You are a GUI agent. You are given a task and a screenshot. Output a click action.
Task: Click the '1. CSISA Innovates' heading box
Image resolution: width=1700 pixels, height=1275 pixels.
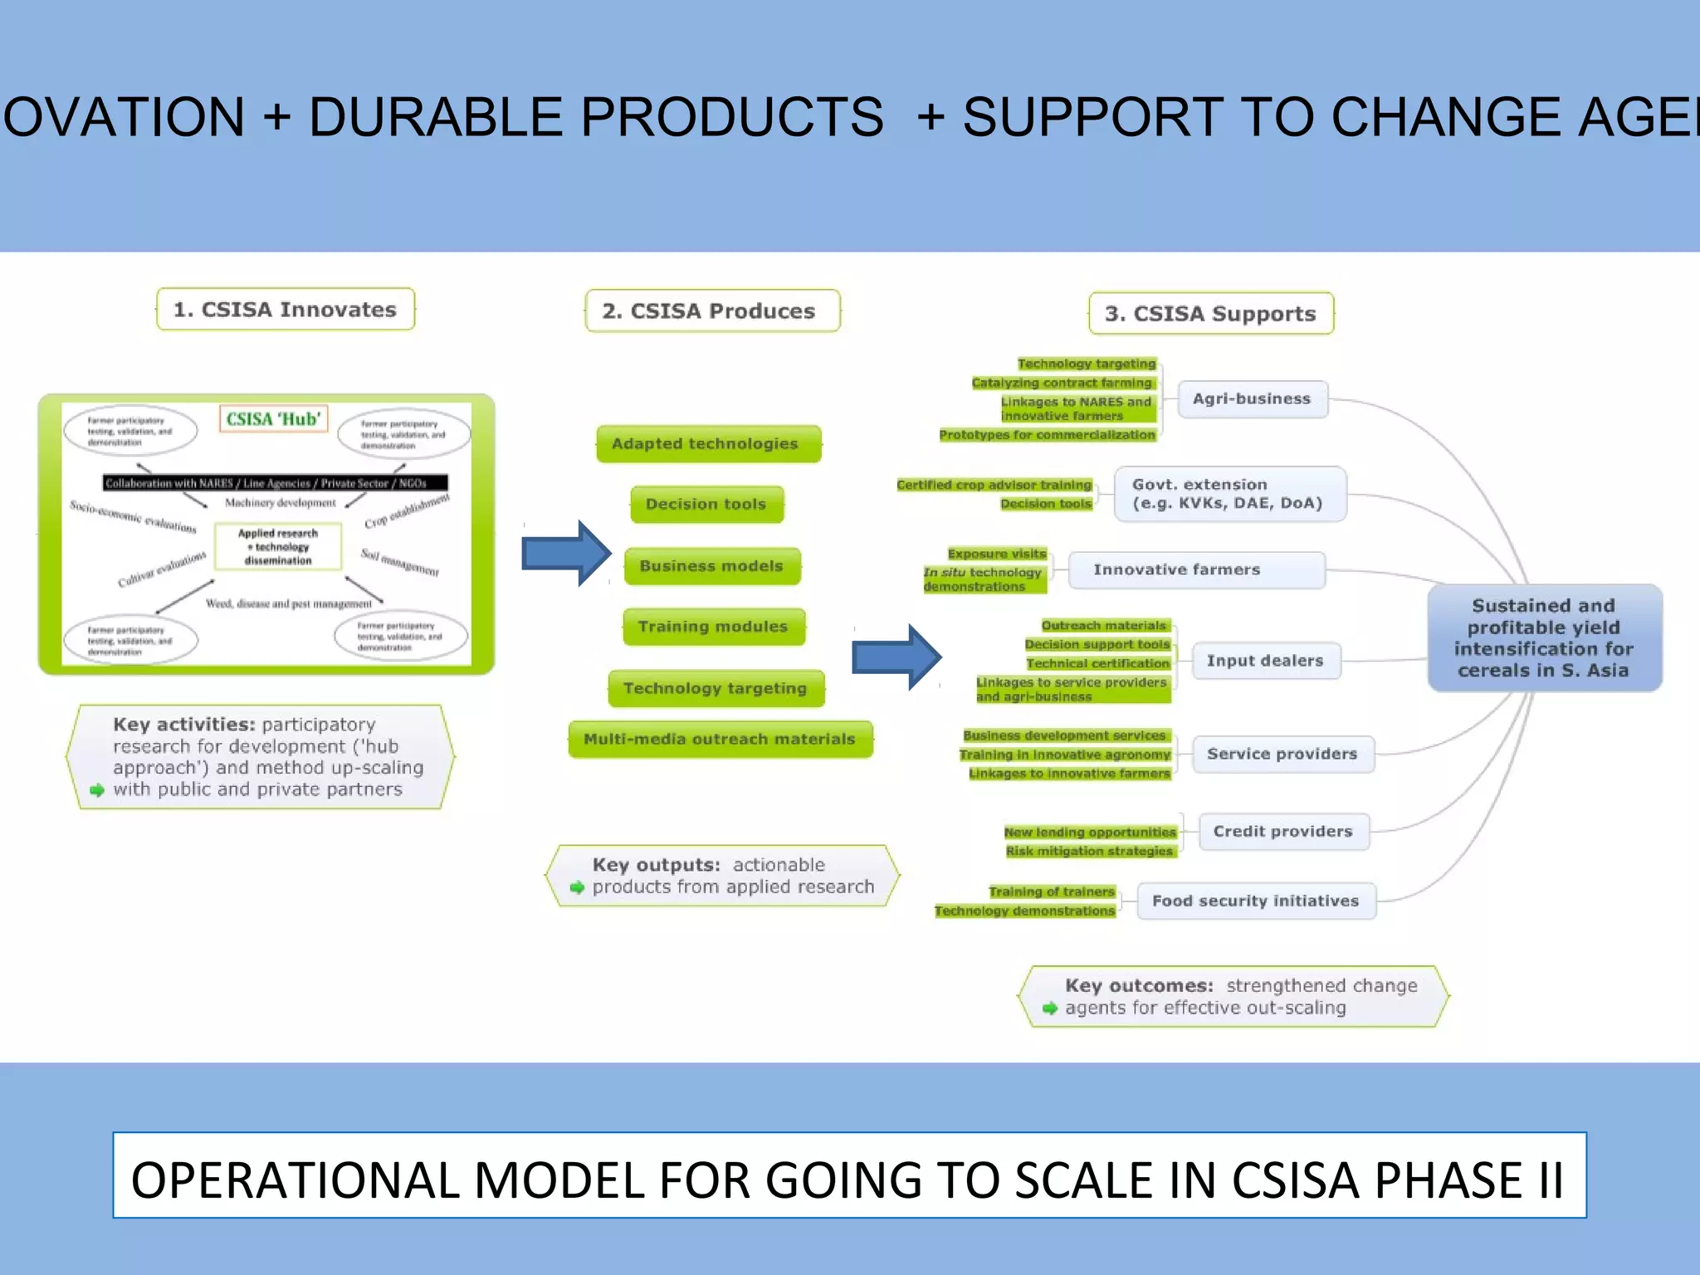[x=285, y=310]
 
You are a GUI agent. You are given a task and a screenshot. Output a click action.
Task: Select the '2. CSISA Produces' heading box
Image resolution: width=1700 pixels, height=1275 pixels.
[x=712, y=311]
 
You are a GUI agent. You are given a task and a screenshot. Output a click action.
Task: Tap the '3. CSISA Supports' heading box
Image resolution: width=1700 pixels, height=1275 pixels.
[x=1210, y=314]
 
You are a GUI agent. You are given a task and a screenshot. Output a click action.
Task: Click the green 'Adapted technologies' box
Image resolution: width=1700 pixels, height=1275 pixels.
[x=708, y=444]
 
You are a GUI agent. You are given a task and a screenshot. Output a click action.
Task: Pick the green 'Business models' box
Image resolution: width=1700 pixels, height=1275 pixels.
[x=712, y=566]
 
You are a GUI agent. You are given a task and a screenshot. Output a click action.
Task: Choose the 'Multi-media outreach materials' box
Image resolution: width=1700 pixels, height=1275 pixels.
[x=720, y=739]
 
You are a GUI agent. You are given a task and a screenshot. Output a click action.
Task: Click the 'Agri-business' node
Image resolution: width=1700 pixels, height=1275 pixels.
[x=1252, y=399]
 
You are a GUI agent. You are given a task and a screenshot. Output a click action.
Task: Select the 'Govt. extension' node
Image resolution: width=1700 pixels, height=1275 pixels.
[x=1229, y=494]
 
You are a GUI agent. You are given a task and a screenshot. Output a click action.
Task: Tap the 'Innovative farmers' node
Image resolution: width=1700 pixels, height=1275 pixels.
[x=1195, y=570]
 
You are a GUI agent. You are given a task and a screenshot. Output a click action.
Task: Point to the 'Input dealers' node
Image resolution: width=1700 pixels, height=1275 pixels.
[x=1265, y=661]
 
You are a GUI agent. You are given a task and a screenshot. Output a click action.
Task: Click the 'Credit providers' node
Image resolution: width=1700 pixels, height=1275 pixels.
[x=1282, y=832]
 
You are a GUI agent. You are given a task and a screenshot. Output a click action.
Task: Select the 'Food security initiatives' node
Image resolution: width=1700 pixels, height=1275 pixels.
[x=1255, y=901]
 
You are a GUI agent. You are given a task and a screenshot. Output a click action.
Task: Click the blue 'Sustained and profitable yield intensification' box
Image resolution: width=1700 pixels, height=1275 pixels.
[x=1544, y=637]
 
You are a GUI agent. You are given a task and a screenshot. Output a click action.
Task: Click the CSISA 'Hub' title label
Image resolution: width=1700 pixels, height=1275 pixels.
[x=273, y=419]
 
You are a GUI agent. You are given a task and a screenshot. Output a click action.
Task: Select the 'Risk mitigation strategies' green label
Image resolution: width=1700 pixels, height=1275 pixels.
[x=1089, y=851]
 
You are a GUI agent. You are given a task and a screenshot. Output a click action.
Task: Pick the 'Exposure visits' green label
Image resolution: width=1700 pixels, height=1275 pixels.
[x=997, y=554]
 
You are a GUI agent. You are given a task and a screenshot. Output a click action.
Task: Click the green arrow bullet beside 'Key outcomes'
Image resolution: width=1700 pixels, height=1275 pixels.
[x=1050, y=1008]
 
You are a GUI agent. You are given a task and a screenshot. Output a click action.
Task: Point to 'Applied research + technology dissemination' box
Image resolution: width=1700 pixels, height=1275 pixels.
[x=278, y=547]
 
